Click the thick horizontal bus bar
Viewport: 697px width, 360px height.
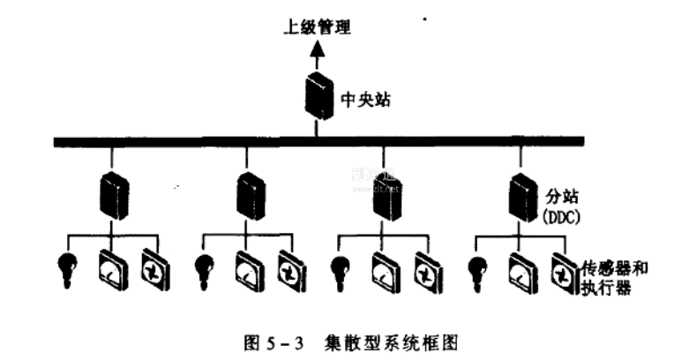(x=318, y=140)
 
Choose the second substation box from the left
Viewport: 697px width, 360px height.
(x=251, y=195)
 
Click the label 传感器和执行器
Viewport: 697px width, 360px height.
(x=616, y=274)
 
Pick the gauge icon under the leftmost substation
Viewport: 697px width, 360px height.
(x=112, y=269)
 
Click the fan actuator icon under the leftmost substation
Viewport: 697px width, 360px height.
(x=155, y=269)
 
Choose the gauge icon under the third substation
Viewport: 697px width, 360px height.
(x=385, y=269)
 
